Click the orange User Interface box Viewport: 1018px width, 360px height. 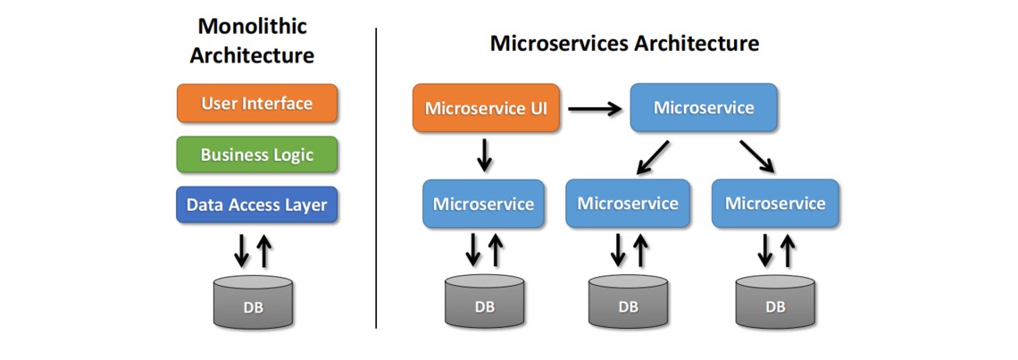coord(257,104)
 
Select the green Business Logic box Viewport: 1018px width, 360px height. coord(257,155)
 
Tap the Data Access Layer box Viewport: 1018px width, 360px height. coord(257,205)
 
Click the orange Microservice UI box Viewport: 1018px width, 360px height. coord(486,109)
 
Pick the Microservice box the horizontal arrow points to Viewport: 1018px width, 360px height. coord(704,108)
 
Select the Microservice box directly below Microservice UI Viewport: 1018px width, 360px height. coord(483,204)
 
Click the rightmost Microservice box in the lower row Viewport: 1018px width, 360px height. coord(775,204)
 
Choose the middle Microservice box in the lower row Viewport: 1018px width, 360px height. coord(628,204)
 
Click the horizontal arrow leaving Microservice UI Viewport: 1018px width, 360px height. coord(595,109)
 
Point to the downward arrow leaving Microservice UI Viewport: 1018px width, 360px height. coord(484,154)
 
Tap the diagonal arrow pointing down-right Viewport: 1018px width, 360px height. coord(756,155)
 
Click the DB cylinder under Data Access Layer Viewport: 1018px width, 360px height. coord(254,302)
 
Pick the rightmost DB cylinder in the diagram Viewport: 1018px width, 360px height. coord(775,302)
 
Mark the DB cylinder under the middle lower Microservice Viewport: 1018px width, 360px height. coord(628,302)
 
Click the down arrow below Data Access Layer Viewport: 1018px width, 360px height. coord(241,250)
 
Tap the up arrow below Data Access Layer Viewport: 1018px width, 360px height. coord(264,250)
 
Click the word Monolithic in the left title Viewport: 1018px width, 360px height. coord(253,26)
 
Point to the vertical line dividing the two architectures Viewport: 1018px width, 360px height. coord(376,179)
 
